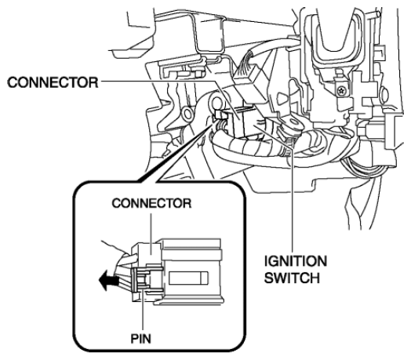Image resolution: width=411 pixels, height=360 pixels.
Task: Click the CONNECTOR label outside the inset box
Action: point(53,82)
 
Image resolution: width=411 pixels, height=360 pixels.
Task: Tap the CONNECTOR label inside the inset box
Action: point(151,203)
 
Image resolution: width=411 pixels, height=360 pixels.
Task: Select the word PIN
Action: point(141,339)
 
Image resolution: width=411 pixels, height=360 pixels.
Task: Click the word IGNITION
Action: point(296,261)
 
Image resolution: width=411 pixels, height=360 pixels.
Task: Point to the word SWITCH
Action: point(292,278)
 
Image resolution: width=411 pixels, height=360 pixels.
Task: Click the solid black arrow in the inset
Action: point(108,281)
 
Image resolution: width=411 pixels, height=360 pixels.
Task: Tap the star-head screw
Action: point(341,91)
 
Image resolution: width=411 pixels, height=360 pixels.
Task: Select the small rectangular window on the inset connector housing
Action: point(188,278)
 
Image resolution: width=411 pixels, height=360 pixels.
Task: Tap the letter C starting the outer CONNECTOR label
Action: point(13,82)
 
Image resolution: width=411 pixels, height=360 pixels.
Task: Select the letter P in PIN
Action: point(134,339)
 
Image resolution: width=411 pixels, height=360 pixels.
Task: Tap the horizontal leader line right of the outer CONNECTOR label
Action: point(158,81)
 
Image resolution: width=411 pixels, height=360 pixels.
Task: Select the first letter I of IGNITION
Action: point(266,261)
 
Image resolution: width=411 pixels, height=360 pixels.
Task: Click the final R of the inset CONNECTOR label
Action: point(187,203)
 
